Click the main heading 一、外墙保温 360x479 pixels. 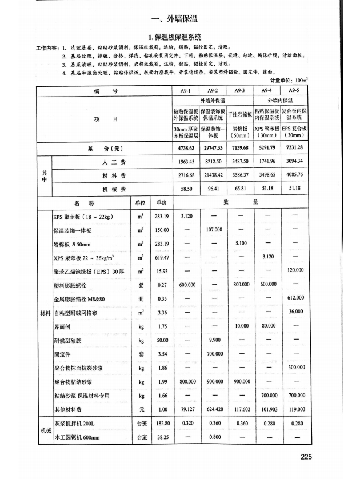(180, 17)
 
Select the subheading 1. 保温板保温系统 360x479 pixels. (180, 37)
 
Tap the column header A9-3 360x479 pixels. (239, 91)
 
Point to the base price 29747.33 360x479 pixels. (212, 150)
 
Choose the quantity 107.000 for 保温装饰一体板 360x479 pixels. (212, 230)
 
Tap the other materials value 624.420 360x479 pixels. (212, 409)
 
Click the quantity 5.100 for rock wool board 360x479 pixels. (239, 244)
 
